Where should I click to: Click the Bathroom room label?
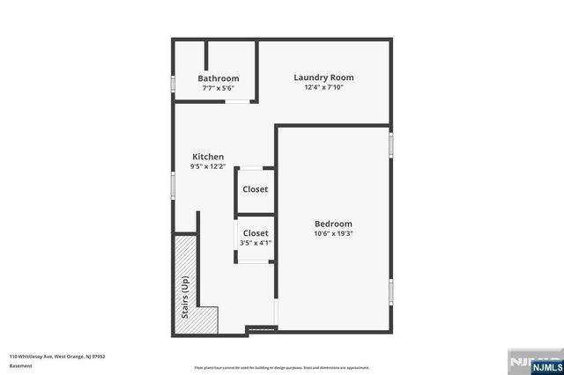pyautogui.click(x=218, y=78)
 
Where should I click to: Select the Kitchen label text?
pyautogui.click(x=208, y=157)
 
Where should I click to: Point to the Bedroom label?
pyautogui.click(x=333, y=224)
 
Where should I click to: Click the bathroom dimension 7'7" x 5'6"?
pyautogui.click(x=218, y=88)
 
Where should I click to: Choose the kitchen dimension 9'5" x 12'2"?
pyautogui.click(x=208, y=166)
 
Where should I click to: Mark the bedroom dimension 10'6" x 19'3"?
pyautogui.click(x=333, y=233)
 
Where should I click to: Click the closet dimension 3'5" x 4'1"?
pyautogui.click(x=256, y=243)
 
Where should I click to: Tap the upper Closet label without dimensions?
pyautogui.click(x=256, y=189)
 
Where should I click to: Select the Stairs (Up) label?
pyautogui.click(x=185, y=297)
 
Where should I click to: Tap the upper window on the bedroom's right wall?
pyautogui.click(x=390, y=145)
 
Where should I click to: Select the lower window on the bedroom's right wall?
pyautogui.click(x=390, y=291)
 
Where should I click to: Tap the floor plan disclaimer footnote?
pyautogui.click(x=281, y=366)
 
